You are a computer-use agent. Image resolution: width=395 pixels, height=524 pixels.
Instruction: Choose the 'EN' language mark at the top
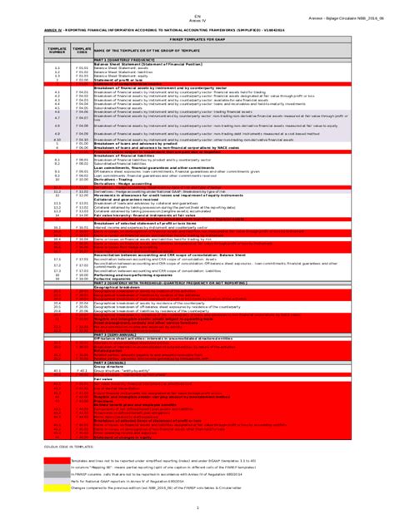point(197,15)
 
